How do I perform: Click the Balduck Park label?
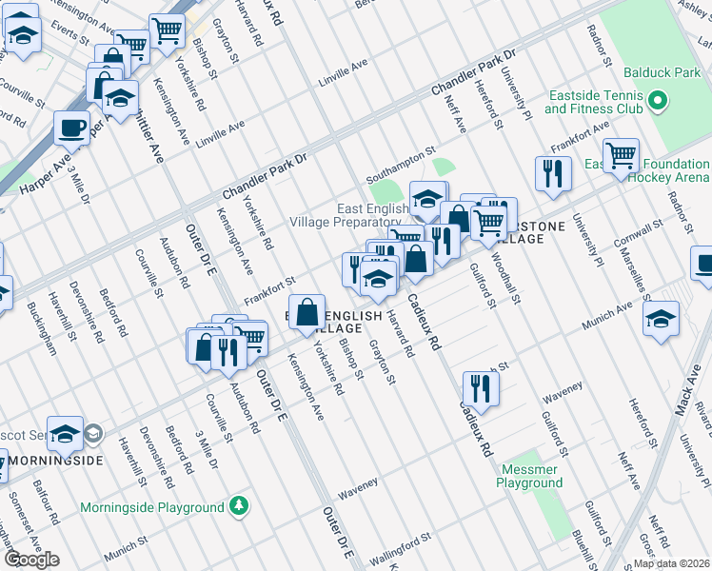pyautogui.click(x=663, y=72)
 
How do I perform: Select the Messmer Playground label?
pyautogui.click(x=528, y=476)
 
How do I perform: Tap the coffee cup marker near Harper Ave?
pyautogui.click(x=72, y=127)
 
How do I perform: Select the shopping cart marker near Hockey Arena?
pyautogui.click(x=621, y=153)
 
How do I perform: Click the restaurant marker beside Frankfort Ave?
pyautogui.click(x=552, y=172)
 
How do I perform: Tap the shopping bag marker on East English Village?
pyautogui.click(x=308, y=313)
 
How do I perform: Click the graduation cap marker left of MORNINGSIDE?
pyautogui.click(x=65, y=434)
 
